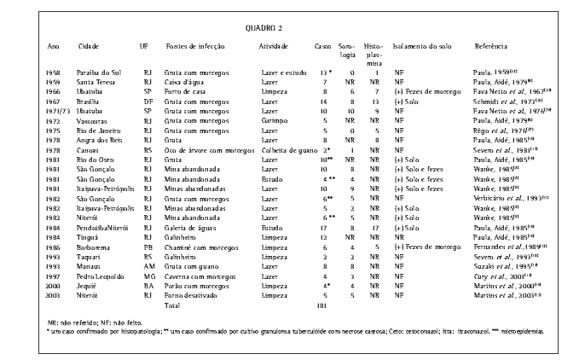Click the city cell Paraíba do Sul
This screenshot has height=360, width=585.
(96, 73)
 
